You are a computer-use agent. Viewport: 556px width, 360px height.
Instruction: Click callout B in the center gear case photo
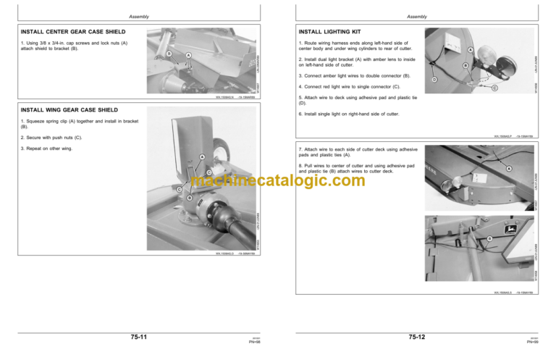[x=169, y=53]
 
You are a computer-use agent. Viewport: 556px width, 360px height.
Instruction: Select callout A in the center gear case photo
[x=188, y=56]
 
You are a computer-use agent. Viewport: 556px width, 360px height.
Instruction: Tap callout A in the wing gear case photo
[x=201, y=157]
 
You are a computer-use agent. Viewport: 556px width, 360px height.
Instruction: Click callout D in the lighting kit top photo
[x=434, y=79]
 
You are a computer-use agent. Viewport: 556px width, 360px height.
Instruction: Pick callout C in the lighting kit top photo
[x=494, y=88]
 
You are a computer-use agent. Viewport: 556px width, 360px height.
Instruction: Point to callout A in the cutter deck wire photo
[x=509, y=169]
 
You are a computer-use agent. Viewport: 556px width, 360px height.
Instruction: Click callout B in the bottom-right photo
[x=489, y=238]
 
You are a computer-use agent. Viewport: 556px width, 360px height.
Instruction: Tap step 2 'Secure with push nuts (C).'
[x=51, y=137]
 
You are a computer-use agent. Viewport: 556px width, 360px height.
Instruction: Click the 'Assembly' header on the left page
[x=138, y=15]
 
